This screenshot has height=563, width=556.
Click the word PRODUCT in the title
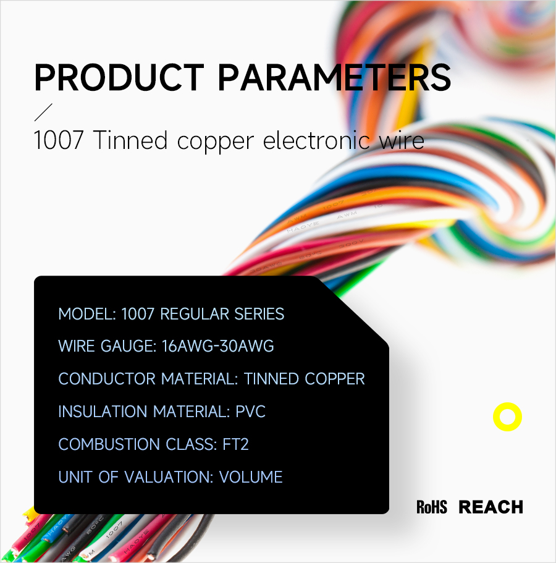[119, 77]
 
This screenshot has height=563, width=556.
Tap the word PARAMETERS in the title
[334, 77]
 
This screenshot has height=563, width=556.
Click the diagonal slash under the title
[43, 112]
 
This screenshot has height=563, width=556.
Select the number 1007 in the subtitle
[59, 140]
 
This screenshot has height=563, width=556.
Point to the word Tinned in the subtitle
[131, 140]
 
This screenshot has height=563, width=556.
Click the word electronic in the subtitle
[316, 140]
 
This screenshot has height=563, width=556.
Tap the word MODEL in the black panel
[85, 314]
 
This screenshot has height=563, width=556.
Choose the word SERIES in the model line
[259, 314]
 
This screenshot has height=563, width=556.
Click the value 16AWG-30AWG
[218, 346]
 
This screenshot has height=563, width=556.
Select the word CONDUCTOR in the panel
[107, 379]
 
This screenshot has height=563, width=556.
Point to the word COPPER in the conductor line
[335, 379]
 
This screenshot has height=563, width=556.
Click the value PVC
[251, 412]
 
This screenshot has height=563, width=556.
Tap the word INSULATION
[103, 412]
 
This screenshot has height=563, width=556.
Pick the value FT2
[235, 444]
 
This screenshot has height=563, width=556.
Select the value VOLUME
[251, 477]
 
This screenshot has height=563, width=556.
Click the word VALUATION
[167, 477]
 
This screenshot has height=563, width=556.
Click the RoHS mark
[432, 507]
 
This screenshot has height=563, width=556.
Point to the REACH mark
[491, 507]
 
